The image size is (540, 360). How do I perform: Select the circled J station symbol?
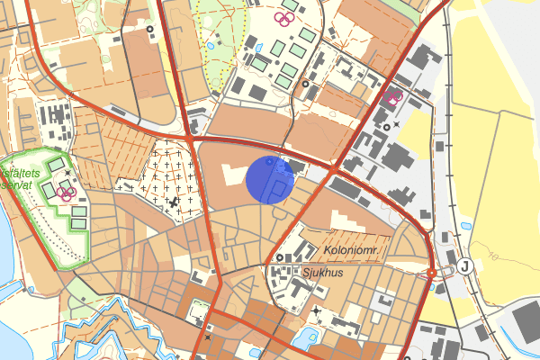[x=464, y=265]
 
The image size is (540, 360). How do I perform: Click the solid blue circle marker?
[x=270, y=180]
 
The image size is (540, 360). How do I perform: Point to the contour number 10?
[x=494, y=258]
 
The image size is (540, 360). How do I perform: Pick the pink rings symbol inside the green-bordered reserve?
[x=65, y=191]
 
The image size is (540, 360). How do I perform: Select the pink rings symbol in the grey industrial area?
[x=392, y=95]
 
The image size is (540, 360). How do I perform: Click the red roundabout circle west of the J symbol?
[x=432, y=273]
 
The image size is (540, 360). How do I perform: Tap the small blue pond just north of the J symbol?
[x=464, y=226]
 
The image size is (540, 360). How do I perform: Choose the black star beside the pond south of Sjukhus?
[x=316, y=311]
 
